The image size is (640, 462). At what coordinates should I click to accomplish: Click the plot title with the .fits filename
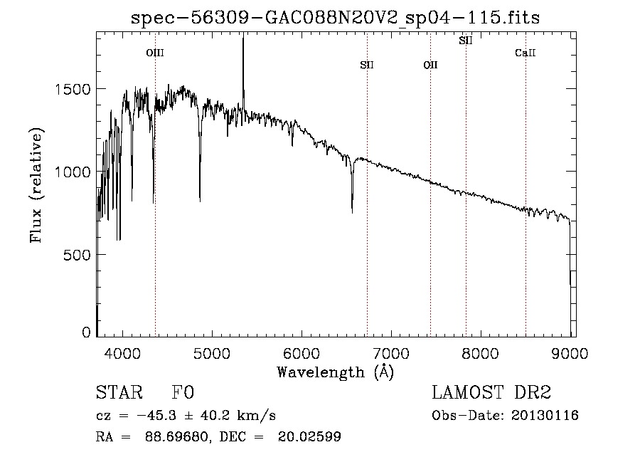pos(335,17)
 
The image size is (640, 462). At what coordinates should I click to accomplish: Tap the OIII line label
pos(155,53)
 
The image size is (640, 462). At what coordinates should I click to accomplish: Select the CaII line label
pos(526,53)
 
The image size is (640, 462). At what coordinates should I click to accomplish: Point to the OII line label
pos(430,65)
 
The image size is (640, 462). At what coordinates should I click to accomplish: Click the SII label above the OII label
pos(466,41)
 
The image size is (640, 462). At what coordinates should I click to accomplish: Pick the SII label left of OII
pos(367,65)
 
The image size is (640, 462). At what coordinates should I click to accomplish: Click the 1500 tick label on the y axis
pos(73,89)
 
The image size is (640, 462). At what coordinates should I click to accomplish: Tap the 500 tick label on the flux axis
pos(77,255)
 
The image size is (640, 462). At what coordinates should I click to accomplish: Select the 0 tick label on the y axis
pos(86,332)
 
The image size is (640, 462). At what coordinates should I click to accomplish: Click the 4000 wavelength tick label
pos(122,353)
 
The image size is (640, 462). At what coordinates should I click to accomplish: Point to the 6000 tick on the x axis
pos(302,353)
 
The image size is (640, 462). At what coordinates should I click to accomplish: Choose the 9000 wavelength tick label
pos(570,353)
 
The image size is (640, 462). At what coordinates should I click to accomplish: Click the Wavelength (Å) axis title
pos(336,372)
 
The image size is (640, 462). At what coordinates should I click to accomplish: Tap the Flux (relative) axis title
pos(36,185)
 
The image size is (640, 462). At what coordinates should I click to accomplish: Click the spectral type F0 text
pos(183,392)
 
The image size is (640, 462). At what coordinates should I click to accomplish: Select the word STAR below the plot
pos(119,392)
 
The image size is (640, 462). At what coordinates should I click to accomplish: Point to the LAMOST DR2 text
pos(491,392)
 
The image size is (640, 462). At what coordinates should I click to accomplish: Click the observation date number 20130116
pos(545,416)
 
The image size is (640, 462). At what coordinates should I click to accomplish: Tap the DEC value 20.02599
pos(309,436)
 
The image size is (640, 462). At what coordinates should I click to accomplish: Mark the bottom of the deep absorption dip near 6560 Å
pos(352,212)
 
